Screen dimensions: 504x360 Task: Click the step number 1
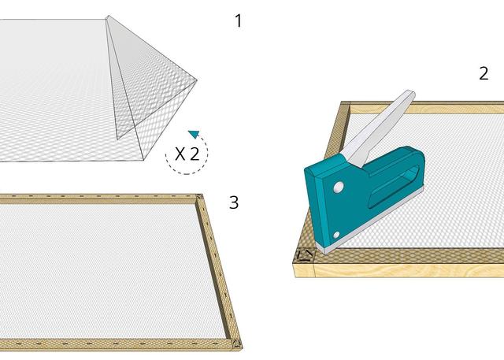pyautogui.click(x=239, y=21)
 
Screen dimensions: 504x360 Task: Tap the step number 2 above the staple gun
pyautogui.click(x=484, y=73)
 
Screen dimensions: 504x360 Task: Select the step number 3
pyautogui.click(x=234, y=202)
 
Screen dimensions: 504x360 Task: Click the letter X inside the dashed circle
pyautogui.click(x=180, y=154)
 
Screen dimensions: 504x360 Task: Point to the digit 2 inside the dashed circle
pyautogui.click(x=195, y=154)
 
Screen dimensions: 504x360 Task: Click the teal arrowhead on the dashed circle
pyautogui.click(x=194, y=134)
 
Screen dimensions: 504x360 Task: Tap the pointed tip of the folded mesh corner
pyautogui.click(x=196, y=80)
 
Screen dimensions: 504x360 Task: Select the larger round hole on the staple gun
pyautogui.click(x=339, y=187)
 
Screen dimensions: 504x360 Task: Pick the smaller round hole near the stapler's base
pyautogui.click(x=336, y=235)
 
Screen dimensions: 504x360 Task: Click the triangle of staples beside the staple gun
pyautogui.click(x=304, y=255)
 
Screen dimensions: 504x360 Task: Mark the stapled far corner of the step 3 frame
pyautogui.click(x=199, y=197)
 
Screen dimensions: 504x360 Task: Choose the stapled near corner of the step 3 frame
pyautogui.click(x=236, y=343)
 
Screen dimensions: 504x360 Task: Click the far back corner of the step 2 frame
pyautogui.click(x=345, y=105)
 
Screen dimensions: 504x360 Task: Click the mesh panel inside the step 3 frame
pyautogui.click(x=106, y=270)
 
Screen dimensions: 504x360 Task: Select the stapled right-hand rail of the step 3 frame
pyautogui.click(x=219, y=270)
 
